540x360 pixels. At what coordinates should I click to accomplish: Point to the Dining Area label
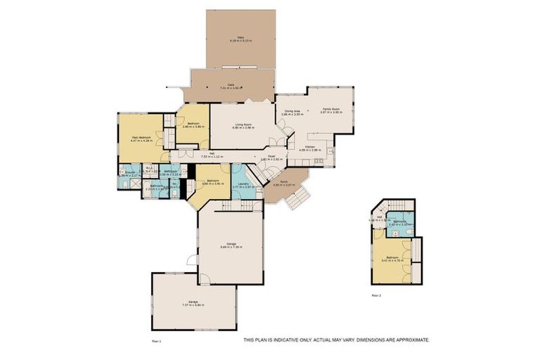292,112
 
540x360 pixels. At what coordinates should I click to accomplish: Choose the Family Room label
330,110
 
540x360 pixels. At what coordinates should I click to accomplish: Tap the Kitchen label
309,148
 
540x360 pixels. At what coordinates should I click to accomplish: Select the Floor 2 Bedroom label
390,258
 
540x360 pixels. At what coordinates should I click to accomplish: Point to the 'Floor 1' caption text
157,340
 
